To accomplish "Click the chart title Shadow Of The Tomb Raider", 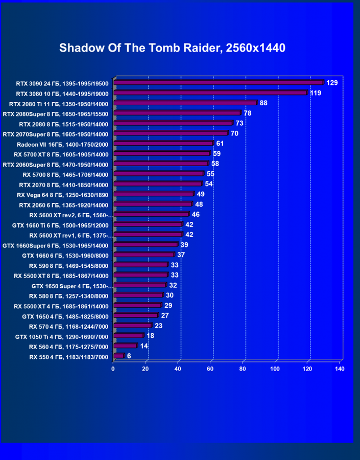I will point(172,48).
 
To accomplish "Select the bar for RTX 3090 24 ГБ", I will point(218,82).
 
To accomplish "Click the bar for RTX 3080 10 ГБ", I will point(210,93).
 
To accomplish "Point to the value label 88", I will point(263,103).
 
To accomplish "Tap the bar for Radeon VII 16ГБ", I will point(163,144).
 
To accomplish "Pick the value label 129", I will point(332,83).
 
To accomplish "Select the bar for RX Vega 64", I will point(153,194).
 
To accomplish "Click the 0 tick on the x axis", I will point(113,369).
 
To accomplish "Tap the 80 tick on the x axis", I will point(243,369).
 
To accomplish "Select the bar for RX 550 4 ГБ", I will point(118,356).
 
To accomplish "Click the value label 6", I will point(129,356).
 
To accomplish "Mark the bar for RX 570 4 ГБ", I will point(132,326).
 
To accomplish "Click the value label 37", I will point(181,255).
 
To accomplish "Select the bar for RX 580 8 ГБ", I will point(138,295).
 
